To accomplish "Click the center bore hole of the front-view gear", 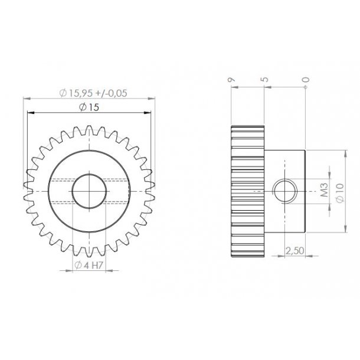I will (89, 191).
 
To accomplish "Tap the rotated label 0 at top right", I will (305, 80).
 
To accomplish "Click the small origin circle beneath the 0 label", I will (305, 88).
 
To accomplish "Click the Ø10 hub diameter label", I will (339, 192).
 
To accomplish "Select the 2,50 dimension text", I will (295, 251).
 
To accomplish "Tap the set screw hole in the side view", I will (284, 192).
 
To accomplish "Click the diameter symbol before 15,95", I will (63, 92).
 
